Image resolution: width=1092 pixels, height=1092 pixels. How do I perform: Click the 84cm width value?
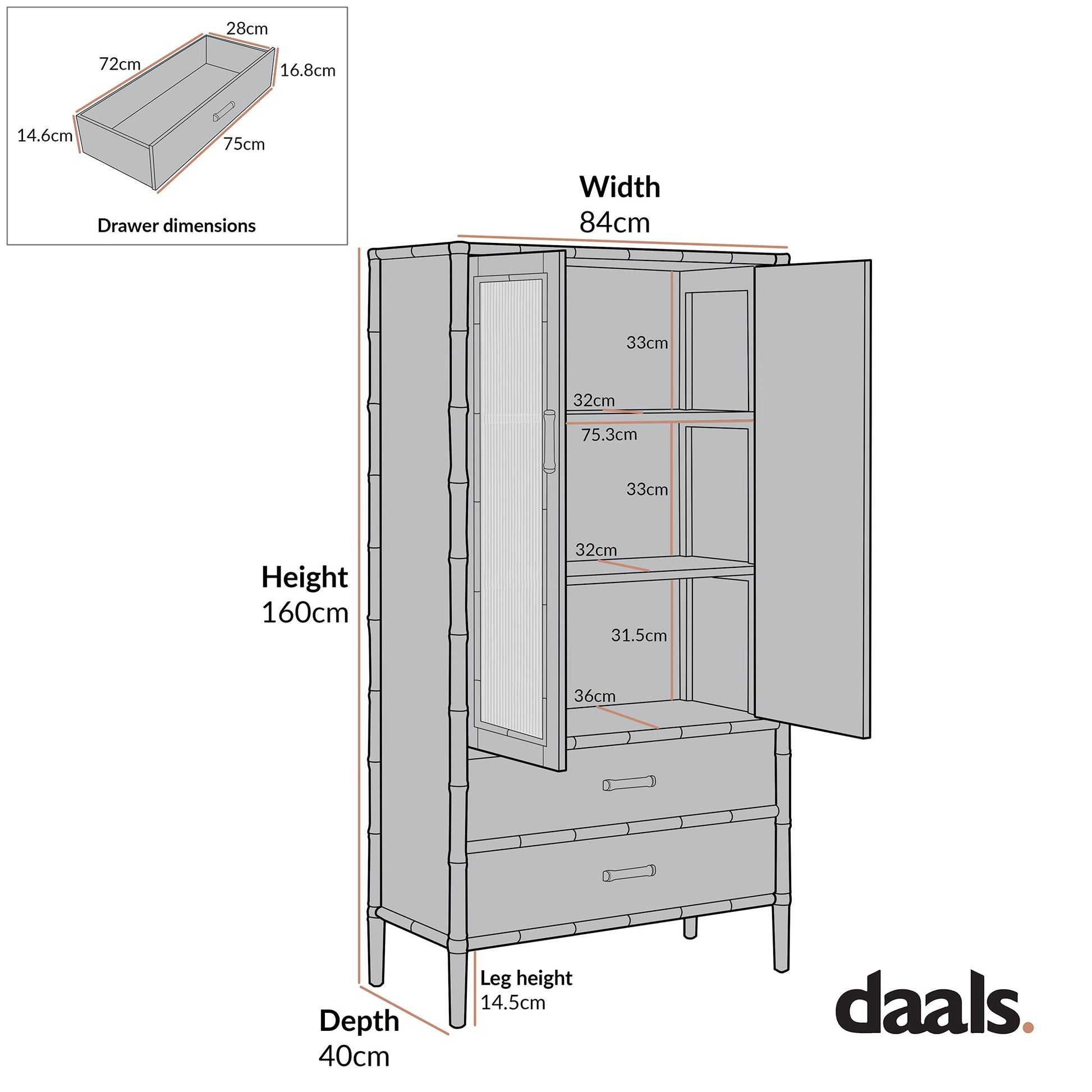(614, 223)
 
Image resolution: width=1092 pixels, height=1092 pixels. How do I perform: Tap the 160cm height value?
(305, 613)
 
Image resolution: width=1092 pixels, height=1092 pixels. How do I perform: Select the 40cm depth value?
(354, 1057)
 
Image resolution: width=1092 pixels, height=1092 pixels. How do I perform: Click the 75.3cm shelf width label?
(609, 435)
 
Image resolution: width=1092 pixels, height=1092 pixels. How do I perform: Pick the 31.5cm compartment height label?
(639, 635)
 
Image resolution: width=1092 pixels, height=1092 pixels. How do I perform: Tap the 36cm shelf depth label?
(595, 696)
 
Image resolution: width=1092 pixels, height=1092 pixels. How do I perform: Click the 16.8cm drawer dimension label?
(308, 71)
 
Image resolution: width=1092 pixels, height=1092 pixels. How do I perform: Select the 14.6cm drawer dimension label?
(45, 136)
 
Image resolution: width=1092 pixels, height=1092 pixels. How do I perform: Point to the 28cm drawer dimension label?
(247, 29)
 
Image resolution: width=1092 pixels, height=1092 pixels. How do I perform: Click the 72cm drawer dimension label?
(120, 65)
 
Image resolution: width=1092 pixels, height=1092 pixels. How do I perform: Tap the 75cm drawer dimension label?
(244, 145)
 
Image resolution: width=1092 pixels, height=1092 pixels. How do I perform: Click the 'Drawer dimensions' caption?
(176, 226)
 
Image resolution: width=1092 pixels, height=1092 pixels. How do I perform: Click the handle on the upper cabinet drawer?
(629, 783)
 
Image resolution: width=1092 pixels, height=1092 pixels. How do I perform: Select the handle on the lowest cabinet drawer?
(629, 873)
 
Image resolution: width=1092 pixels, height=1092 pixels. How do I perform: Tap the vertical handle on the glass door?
(549, 442)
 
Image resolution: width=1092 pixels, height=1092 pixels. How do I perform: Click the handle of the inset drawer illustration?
(224, 111)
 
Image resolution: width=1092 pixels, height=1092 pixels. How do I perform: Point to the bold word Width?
(620, 187)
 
